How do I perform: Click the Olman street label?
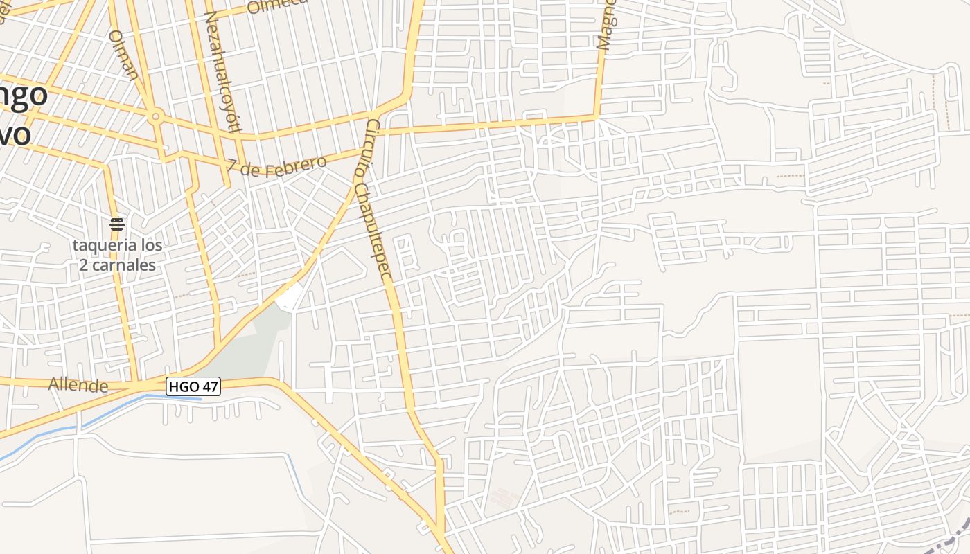click(124, 55)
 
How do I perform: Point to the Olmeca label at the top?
click(277, 6)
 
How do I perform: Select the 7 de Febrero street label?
click(276, 167)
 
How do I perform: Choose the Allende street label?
click(78, 385)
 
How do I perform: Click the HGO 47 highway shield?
click(193, 386)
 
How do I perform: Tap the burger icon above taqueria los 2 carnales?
click(117, 224)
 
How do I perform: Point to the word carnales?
click(127, 265)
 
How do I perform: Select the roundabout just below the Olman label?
click(156, 116)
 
